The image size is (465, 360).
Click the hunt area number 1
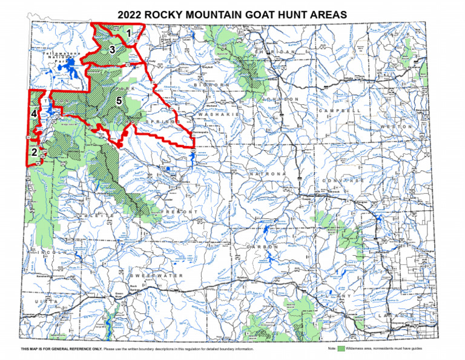(x=128, y=33)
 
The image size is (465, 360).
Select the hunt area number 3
(x=112, y=49)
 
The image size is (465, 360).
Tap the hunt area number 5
(x=119, y=101)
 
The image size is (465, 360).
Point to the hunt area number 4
(x=35, y=113)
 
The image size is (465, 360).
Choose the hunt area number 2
(x=35, y=152)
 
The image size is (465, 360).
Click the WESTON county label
(x=397, y=126)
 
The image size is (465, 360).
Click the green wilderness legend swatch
(x=341, y=349)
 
